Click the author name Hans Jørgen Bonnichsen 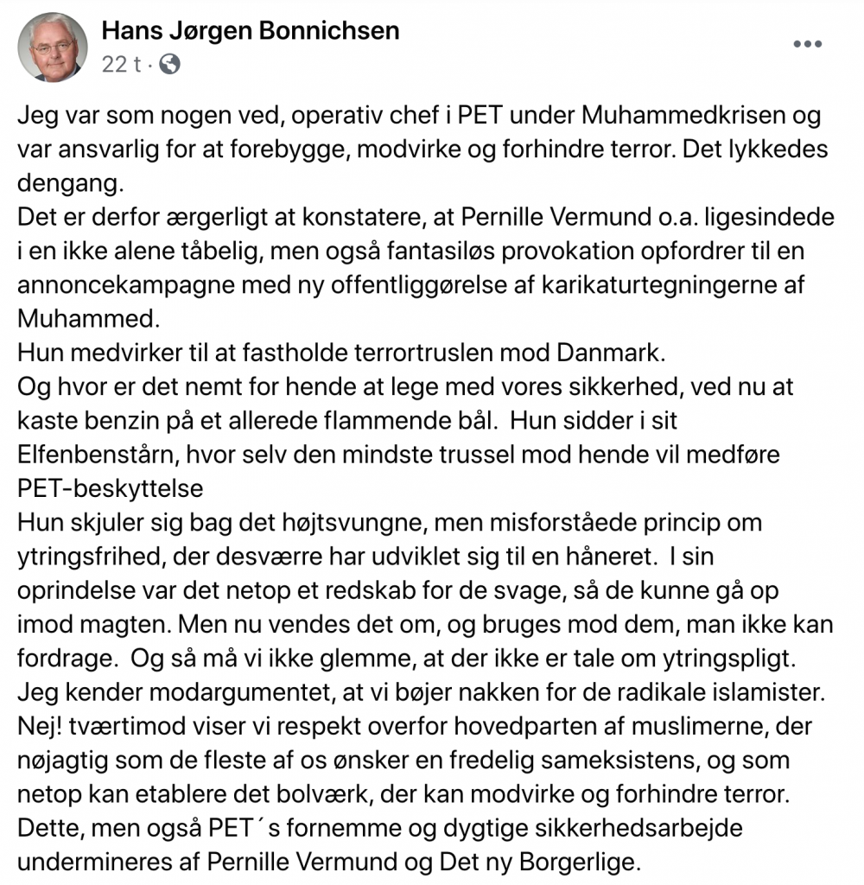[x=251, y=32]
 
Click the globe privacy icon [x=170, y=65]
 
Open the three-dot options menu [x=807, y=44]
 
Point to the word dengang [x=68, y=183]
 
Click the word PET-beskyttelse [x=111, y=487]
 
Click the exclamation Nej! [x=40, y=723]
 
